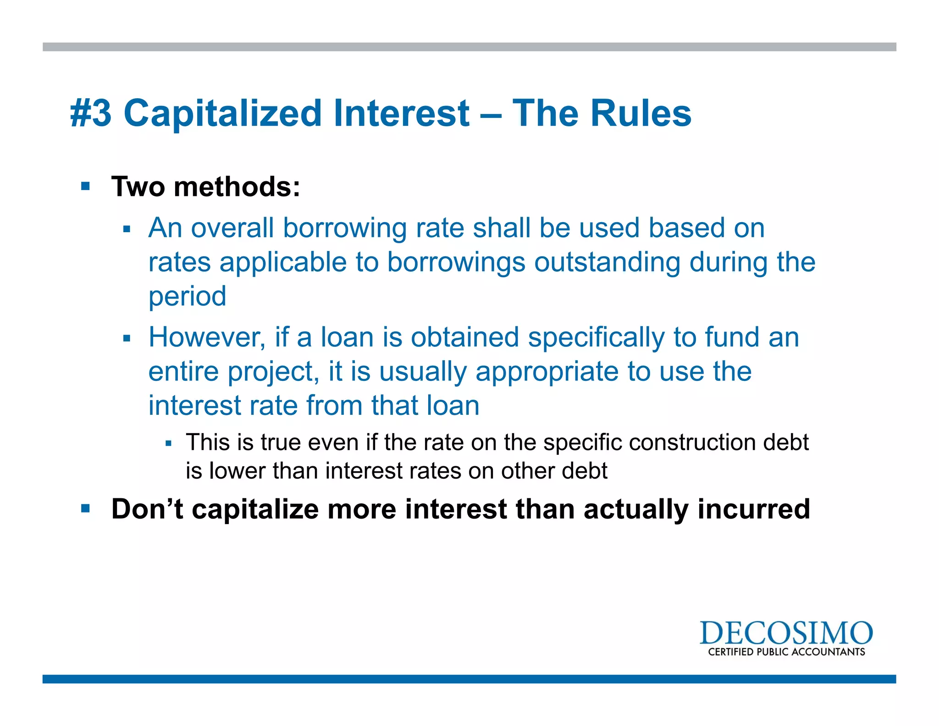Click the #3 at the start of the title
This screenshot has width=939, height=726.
(x=91, y=113)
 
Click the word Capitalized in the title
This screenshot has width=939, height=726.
(x=222, y=113)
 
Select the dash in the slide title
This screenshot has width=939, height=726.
(x=491, y=115)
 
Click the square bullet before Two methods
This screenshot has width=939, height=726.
(x=85, y=186)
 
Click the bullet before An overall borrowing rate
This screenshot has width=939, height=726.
(x=127, y=229)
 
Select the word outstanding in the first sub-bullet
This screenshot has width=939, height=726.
(x=607, y=262)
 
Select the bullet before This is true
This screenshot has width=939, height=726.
(x=168, y=443)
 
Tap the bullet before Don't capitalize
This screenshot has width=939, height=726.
(x=85, y=508)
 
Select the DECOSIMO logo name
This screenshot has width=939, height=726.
(x=786, y=633)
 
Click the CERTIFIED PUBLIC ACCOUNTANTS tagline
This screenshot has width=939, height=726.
(x=786, y=652)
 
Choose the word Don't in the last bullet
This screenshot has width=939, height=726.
(x=147, y=509)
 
